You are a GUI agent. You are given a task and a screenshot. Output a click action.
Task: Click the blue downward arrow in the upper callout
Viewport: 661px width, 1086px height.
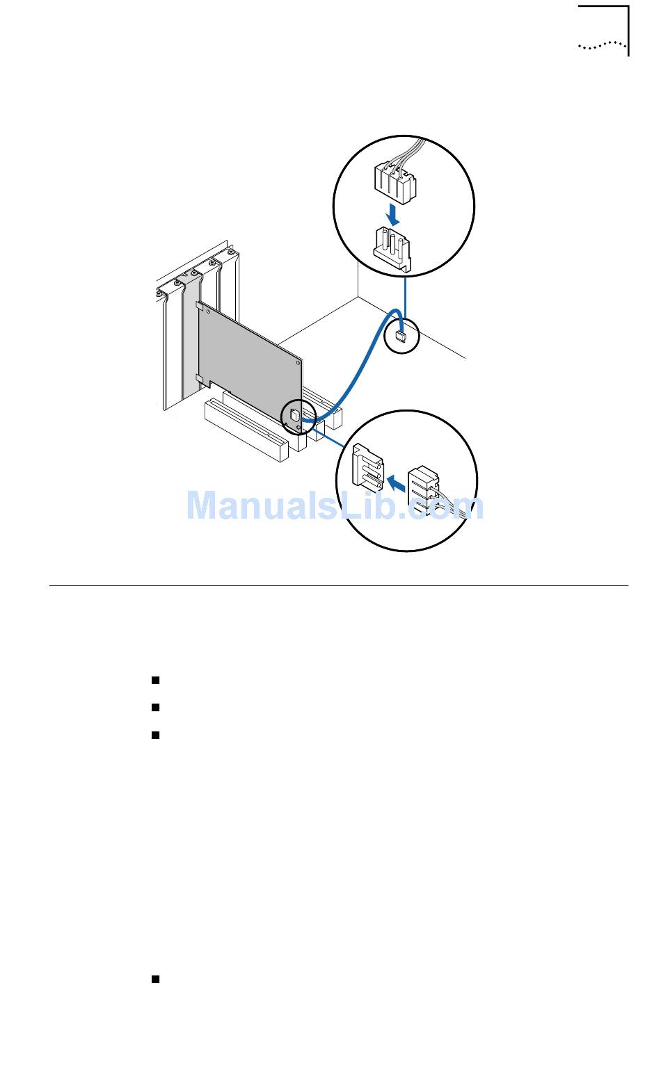pyautogui.click(x=394, y=213)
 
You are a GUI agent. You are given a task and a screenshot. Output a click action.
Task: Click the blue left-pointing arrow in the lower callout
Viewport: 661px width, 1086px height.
pyautogui.click(x=397, y=480)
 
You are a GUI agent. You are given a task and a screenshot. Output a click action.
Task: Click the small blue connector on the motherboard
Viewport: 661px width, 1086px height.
pyautogui.click(x=401, y=337)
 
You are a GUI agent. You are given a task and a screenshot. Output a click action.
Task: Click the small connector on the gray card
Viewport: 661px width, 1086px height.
pyautogui.click(x=294, y=416)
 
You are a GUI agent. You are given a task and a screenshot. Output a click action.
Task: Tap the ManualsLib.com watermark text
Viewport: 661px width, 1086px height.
pyautogui.click(x=334, y=505)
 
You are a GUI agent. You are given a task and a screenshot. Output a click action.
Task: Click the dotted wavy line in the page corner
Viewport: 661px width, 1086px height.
pyautogui.click(x=602, y=47)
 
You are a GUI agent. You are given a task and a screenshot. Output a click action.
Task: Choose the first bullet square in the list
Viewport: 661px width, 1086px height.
pyautogui.click(x=155, y=679)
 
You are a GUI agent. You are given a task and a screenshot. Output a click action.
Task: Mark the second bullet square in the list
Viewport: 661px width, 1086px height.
pyautogui.click(x=155, y=707)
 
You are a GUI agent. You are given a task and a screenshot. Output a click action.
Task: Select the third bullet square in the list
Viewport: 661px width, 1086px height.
pyautogui.click(x=155, y=735)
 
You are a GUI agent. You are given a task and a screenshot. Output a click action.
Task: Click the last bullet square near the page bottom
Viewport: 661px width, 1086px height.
pyautogui.click(x=155, y=979)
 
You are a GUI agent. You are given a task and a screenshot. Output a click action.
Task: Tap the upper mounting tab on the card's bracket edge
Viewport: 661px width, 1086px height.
pyautogui.click(x=199, y=306)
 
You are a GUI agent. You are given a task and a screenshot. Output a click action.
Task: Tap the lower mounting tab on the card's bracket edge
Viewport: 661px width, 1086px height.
pyautogui.click(x=199, y=379)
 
